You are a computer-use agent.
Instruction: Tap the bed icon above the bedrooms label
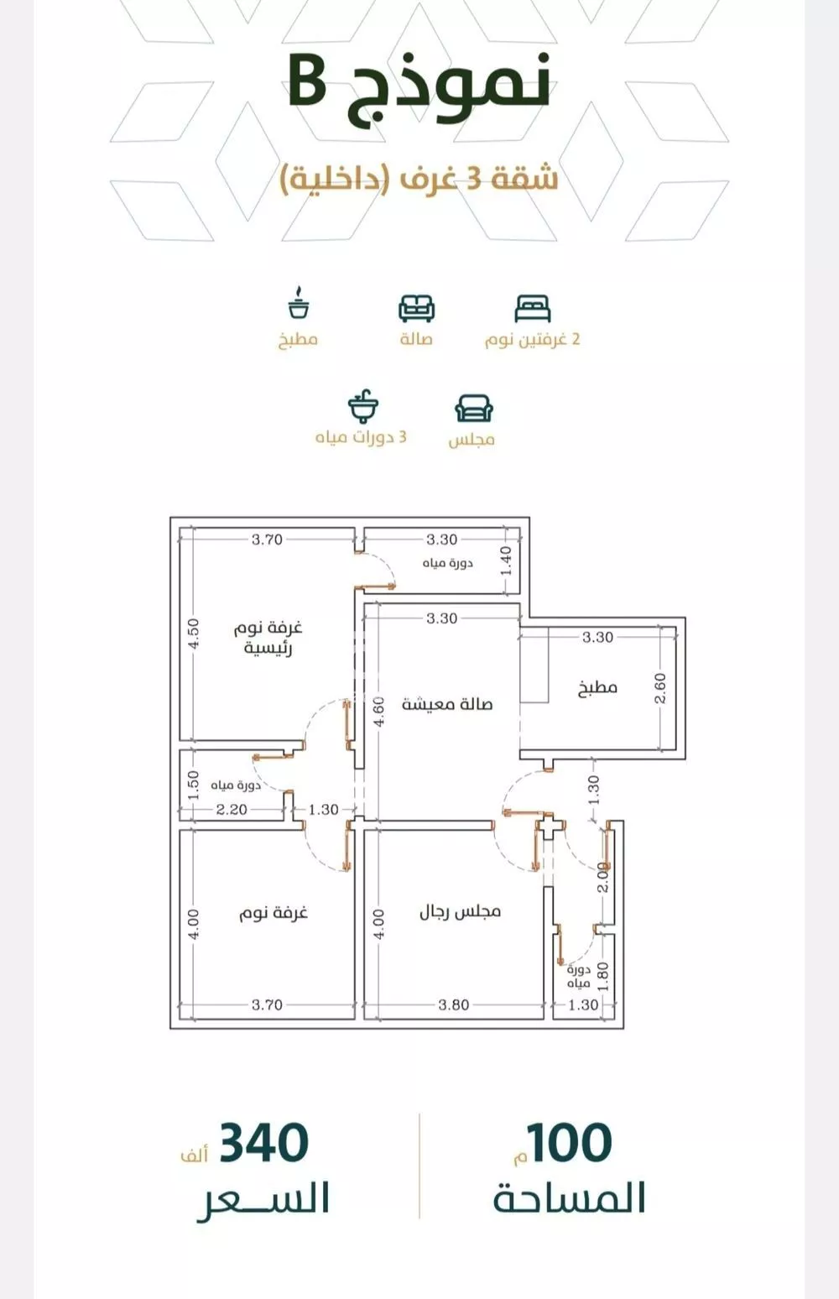[532, 309]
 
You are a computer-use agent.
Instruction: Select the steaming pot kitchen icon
[298, 302]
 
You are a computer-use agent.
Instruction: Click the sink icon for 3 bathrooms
[363, 406]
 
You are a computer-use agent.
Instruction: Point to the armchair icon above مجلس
[474, 409]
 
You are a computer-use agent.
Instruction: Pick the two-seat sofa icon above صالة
[416, 309]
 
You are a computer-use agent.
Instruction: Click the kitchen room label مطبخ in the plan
[597, 688]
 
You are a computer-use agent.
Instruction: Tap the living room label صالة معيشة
[447, 704]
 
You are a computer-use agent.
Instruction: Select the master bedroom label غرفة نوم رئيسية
[268, 638]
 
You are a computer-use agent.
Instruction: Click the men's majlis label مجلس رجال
[460, 911]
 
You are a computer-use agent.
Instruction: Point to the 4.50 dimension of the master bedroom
[194, 634]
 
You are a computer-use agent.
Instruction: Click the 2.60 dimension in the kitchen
[660, 688]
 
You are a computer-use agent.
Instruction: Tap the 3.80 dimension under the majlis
[453, 1004]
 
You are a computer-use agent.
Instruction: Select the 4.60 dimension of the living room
[378, 712]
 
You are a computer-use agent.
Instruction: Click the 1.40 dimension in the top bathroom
[506, 561]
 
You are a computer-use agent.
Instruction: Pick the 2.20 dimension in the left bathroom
[232, 809]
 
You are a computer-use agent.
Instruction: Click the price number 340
[263, 1142]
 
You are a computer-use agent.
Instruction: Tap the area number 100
[569, 1142]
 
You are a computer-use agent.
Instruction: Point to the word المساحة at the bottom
[570, 1197]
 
